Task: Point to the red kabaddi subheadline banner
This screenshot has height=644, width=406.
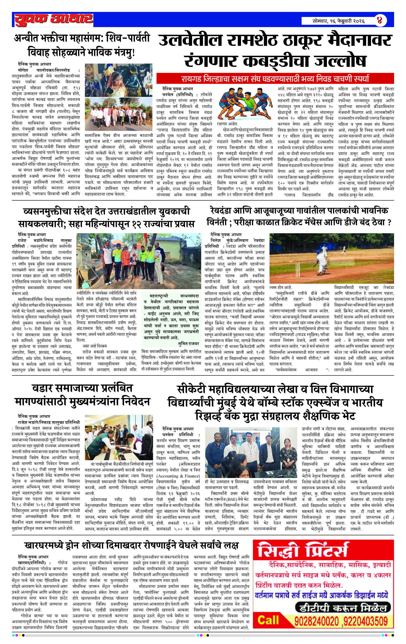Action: pyautogui.click(x=275, y=79)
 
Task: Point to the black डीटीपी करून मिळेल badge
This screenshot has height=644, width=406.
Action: pyautogui.click(x=343, y=608)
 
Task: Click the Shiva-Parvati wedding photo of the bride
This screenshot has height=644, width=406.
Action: pyautogui.click(x=118, y=80)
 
